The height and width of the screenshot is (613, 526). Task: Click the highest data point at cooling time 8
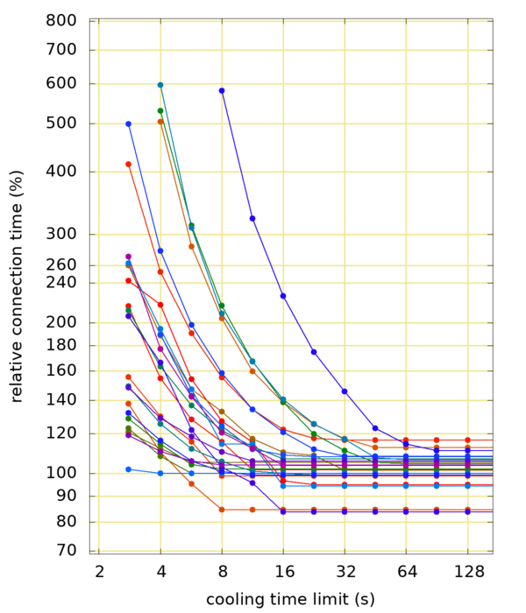click(222, 90)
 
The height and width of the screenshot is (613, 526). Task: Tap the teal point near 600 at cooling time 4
click(160, 85)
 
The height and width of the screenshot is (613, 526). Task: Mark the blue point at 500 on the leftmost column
click(129, 123)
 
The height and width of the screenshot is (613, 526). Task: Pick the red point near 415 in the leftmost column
click(129, 164)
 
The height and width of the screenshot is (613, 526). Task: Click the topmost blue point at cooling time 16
click(283, 296)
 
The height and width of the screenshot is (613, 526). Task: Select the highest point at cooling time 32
click(345, 391)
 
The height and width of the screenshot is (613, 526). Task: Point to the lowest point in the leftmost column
click(129, 469)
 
